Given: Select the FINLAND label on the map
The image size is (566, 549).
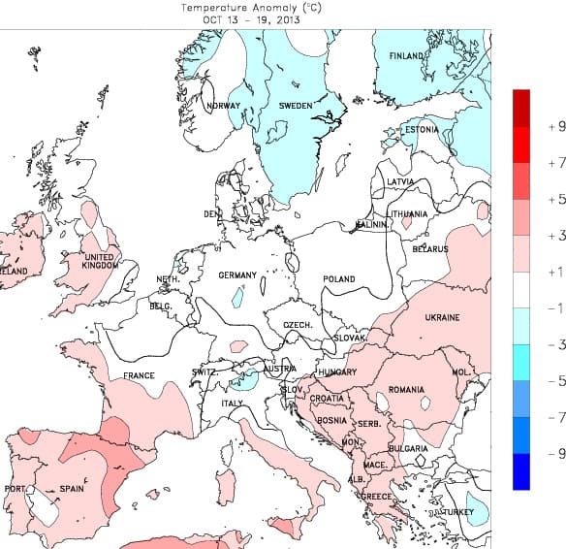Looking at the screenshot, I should pos(407,56).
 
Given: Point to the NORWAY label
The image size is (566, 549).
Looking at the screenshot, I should pos(223,106).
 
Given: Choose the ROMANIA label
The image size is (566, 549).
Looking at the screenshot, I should pos(406,390).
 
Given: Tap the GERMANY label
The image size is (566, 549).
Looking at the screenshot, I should pos(236,275).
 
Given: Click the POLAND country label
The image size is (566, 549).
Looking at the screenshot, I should pos(339,279).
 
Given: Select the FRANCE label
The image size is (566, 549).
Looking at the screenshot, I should pos(139,375).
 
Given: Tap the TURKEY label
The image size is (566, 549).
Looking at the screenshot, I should pos(457,511).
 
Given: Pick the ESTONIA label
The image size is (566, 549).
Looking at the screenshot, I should pos(422,130).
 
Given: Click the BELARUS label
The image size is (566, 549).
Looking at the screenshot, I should pos(430,249).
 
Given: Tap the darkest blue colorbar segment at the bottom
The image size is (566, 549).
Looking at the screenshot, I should pos(521,471).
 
